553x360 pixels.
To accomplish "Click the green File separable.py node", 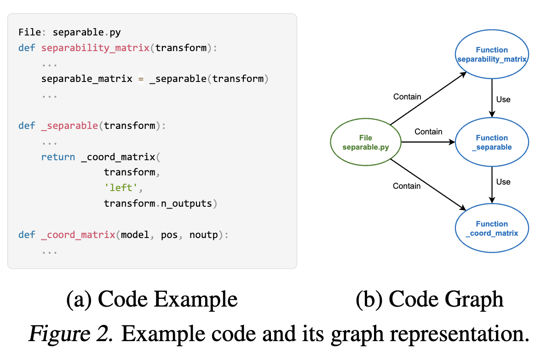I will click(366, 142).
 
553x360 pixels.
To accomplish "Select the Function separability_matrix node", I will click(491, 55).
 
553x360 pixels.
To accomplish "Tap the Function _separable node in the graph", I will click(491, 142).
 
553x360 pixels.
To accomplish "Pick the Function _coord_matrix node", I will click(491, 228).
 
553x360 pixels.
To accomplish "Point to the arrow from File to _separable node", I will click(428, 142).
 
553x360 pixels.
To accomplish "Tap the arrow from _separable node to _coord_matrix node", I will click(492, 184).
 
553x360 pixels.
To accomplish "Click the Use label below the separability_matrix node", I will click(503, 99).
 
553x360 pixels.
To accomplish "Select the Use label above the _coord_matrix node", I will click(503, 182).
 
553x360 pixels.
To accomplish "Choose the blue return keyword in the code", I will click(58, 157).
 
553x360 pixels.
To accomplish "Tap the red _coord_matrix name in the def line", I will click(78, 235).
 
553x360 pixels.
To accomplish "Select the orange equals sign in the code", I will click(141, 79).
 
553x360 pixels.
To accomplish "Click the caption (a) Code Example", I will click(152, 300).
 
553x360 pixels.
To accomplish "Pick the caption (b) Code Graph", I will click(429, 300).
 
